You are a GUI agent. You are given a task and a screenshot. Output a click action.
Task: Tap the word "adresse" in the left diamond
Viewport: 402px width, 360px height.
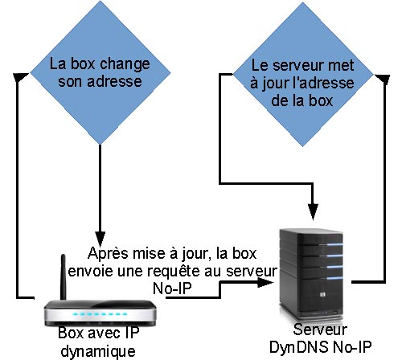[114, 81]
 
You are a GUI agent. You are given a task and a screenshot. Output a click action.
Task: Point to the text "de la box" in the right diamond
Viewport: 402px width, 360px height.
[302, 100]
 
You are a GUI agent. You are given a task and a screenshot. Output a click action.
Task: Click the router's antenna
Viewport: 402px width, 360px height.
[64, 277]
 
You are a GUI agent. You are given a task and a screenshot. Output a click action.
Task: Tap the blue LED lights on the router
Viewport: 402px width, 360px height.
[100, 314]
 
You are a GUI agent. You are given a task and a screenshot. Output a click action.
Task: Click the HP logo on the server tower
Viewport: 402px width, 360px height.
[322, 295]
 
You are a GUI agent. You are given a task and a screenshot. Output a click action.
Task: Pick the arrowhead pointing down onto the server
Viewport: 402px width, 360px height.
[313, 212]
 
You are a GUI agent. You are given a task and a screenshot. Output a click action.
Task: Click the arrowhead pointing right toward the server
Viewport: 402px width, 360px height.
[265, 282]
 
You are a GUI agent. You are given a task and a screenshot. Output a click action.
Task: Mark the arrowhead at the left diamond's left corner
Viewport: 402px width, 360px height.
[21, 77]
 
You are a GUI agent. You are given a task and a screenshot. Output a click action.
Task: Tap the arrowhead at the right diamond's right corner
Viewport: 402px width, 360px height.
[382, 80]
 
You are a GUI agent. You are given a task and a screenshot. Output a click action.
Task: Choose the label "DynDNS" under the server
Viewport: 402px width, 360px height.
[298, 347]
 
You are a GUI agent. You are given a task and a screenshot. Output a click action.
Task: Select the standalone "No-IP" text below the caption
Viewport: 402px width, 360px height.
[172, 288]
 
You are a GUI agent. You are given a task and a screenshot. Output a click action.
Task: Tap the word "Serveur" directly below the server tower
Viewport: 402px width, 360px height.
[320, 329]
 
